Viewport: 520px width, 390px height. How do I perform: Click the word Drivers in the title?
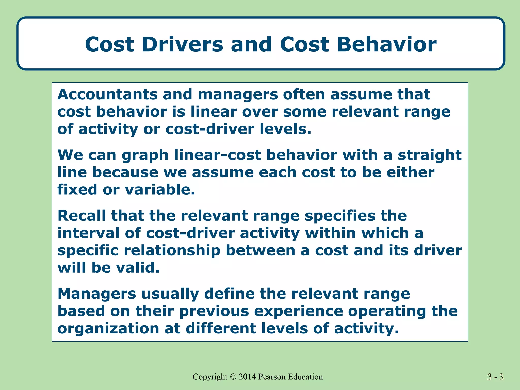coord(182,44)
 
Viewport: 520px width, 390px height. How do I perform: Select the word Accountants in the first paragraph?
coord(107,94)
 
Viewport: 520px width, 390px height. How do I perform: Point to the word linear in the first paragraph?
coord(214,112)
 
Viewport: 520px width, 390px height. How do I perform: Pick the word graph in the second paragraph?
coord(145,155)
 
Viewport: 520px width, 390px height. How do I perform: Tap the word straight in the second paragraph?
coord(429,155)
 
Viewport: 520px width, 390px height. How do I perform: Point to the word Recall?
coord(82,216)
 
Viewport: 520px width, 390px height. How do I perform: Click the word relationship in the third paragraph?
coord(172,251)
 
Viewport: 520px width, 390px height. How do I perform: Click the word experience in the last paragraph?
coord(298,312)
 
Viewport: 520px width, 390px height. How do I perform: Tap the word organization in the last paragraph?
coord(108,329)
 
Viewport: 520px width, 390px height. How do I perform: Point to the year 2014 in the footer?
coord(247,377)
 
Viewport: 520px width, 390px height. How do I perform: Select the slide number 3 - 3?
coord(495,377)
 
